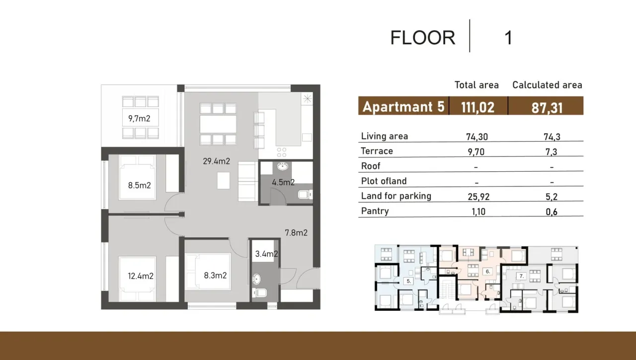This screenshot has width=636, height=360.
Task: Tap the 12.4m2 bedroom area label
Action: [x=141, y=276]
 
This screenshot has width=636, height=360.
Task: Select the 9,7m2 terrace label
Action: [x=139, y=119]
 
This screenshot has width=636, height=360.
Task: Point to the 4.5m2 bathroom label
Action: [x=283, y=182]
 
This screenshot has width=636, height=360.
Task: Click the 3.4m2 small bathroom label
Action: [x=266, y=254]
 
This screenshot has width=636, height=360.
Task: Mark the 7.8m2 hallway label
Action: [x=296, y=232]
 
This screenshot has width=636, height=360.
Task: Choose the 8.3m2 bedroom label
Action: [x=215, y=275]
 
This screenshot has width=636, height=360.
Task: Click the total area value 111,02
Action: [x=477, y=107]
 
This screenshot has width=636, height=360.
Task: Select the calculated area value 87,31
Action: [x=547, y=108]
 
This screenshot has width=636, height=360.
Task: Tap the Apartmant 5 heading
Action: [x=403, y=107]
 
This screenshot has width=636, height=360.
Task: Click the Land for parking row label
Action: [x=396, y=196]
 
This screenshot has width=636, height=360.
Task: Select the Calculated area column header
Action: [x=547, y=85]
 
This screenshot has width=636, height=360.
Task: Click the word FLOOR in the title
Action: [x=422, y=38]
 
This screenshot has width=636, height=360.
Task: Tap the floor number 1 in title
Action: [x=508, y=38]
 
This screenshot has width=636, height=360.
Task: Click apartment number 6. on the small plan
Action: [x=488, y=272]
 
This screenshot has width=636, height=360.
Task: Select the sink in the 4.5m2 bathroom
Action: [x=283, y=167]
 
